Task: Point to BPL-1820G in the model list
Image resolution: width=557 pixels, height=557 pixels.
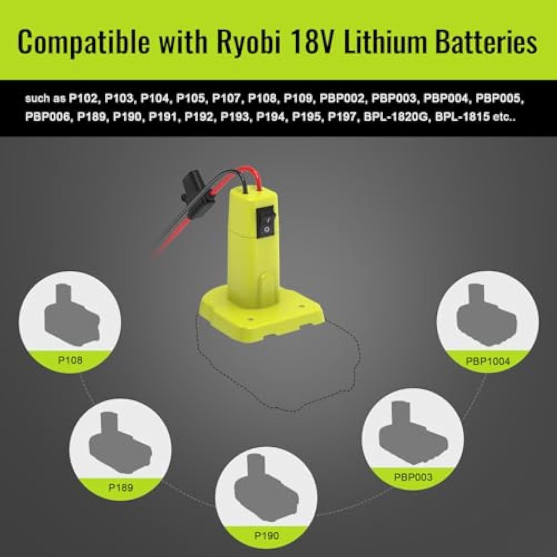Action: pyautogui.click(x=395, y=117)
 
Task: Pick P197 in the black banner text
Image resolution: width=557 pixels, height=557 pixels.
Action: pyautogui.click(x=342, y=117)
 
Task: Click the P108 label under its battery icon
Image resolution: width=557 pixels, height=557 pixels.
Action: pyautogui.click(x=70, y=360)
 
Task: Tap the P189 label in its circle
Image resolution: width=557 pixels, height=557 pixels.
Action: pyautogui.click(x=121, y=487)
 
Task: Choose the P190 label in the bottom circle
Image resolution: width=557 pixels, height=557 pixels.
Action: pyautogui.click(x=267, y=535)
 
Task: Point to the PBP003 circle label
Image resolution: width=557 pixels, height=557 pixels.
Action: pyautogui.click(x=413, y=477)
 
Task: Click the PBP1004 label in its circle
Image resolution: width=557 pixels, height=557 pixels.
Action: pyautogui.click(x=488, y=361)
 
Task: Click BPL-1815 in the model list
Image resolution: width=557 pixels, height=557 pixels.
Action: pyautogui.click(x=462, y=117)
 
